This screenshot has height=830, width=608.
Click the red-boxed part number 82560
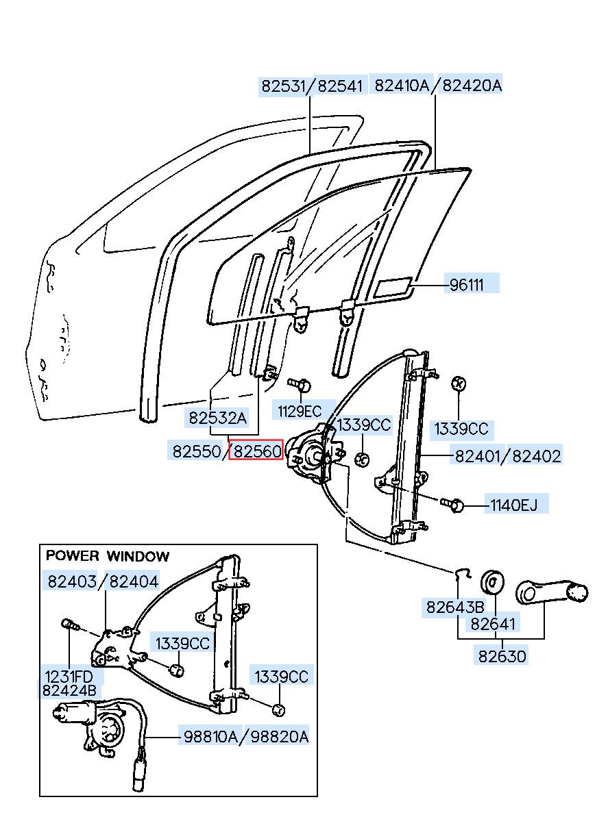pos(256,451)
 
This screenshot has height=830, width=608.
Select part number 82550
pos(197,451)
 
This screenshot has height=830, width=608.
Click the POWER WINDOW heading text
pos(108,556)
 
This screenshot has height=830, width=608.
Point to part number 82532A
pos(218,418)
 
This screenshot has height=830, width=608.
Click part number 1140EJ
pos(513,505)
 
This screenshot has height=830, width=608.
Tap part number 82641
pos(493,624)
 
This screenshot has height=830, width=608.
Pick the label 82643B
pos(455,607)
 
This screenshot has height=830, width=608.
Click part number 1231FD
pos(69,676)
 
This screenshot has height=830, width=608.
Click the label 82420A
pos(472,86)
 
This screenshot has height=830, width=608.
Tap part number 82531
pos(283,86)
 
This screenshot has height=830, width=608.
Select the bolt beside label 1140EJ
pos(452,503)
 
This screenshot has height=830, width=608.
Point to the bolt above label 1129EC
pos(299,384)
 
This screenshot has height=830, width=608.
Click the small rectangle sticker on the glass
pos(394,287)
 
